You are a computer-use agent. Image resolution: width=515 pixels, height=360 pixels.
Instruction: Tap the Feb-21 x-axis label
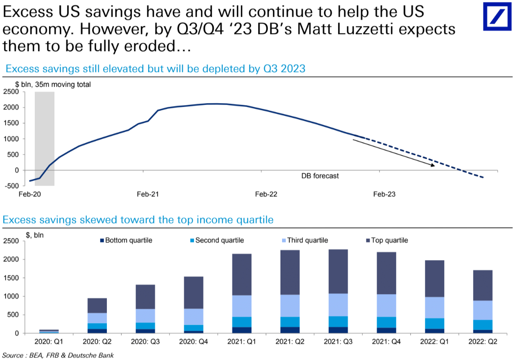tap(148, 194)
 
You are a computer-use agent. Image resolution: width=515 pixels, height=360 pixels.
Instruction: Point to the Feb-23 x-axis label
tap(384, 194)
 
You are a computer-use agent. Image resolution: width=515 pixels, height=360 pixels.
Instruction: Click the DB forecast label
tap(320, 176)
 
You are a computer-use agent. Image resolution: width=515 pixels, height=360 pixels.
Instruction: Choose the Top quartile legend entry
tap(389, 241)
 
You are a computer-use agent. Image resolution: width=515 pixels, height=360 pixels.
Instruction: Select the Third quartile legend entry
tap(307, 241)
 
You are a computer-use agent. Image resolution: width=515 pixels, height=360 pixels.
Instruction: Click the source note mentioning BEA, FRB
tap(58, 355)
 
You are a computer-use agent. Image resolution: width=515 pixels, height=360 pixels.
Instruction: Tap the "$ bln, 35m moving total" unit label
tap(53, 85)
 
